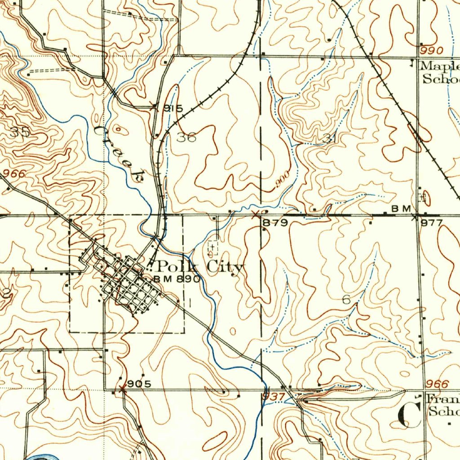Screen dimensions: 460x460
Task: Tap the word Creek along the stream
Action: (x=120, y=153)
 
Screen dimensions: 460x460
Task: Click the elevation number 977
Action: (x=432, y=223)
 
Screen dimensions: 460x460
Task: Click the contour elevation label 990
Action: (x=432, y=50)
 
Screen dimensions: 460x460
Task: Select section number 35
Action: (x=20, y=132)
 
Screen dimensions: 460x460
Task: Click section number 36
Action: (x=186, y=137)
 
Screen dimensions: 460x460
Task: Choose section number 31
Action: (x=329, y=139)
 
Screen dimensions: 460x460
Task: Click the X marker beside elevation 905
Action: (x=122, y=389)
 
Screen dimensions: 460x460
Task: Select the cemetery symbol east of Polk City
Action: (x=212, y=247)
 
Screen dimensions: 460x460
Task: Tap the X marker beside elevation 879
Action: (x=256, y=214)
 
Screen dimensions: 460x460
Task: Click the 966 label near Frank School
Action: (x=437, y=384)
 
